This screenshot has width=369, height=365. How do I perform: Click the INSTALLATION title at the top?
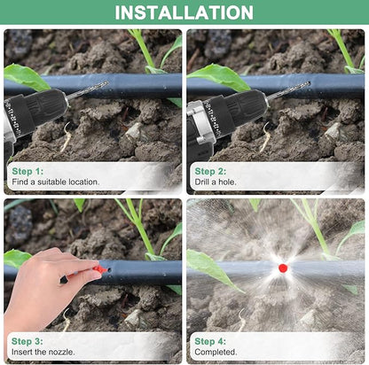coord(184,12)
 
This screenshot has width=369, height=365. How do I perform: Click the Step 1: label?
coord(27,170)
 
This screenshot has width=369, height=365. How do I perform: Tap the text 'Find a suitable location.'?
coord(55,182)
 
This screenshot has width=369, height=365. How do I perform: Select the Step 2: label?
coord(210,170)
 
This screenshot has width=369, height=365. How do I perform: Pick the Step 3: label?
coord(27,340)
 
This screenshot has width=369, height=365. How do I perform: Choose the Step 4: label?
coord(210,340)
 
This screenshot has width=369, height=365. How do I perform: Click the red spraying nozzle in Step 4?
coord(283,268)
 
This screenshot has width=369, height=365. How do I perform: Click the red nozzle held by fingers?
coord(100,268)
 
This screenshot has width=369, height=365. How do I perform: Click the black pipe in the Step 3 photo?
coord(142,271)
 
